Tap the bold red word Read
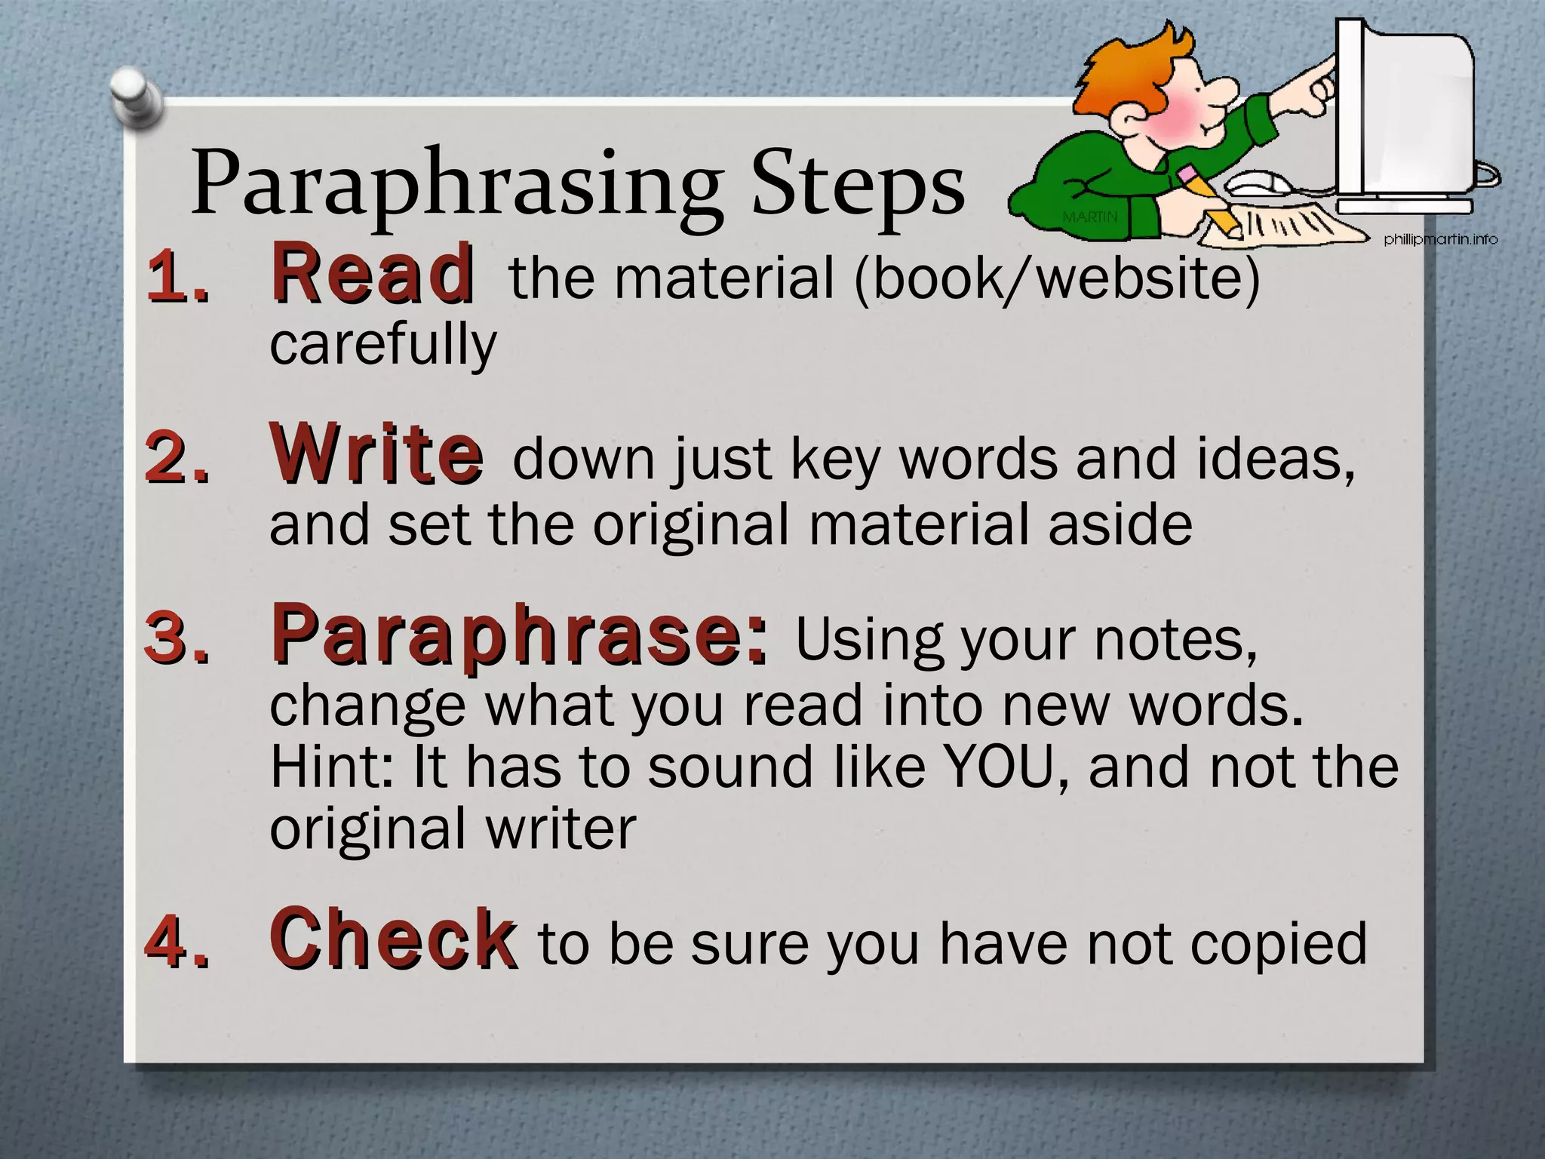[x=373, y=273]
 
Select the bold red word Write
[x=376, y=454]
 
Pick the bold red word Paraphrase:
[x=521, y=635]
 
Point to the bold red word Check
[x=393, y=939]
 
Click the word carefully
[x=383, y=343]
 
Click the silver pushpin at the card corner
[x=137, y=97]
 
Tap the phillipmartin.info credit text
[x=1440, y=240]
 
